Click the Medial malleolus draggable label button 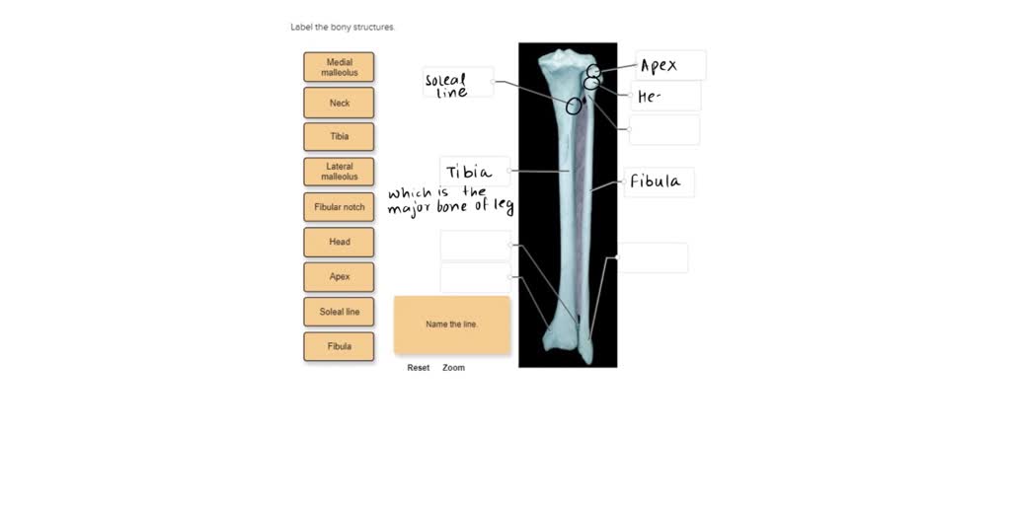[340, 67]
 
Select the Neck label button [340, 103]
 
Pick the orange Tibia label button [340, 136]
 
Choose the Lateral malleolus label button [340, 172]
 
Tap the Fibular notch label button [340, 207]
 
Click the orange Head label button [340, 242]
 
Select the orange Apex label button [340, 276]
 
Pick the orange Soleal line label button [340, 311]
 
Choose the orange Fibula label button [340, 346]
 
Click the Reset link [418, 368]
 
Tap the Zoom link [453, 368]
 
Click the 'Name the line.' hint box [452, 325]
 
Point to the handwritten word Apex [659, 66]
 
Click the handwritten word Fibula [656, 181]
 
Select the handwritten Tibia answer [469, 172]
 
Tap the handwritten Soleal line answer [445, 86]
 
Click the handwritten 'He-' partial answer [649, 98]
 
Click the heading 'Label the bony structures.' [343, 27]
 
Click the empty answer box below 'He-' [664, 129]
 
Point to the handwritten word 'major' [410, 209]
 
